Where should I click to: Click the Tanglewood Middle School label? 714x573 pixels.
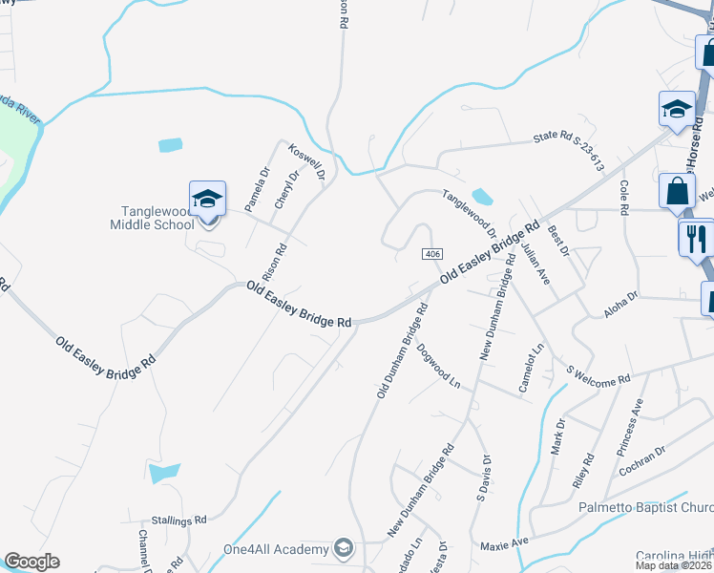coord(157,217)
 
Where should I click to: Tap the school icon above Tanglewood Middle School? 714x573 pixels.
coord(207,200)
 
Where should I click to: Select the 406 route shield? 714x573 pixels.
coord(431,253)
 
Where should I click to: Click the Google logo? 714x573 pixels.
coord(31,562)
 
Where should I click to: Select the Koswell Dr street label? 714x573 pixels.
coord(307,163)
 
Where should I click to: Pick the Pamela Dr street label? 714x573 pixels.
coord(257,189)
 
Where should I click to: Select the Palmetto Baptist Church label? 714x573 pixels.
coord(646,507)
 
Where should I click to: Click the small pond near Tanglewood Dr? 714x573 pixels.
coord(482,197)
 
